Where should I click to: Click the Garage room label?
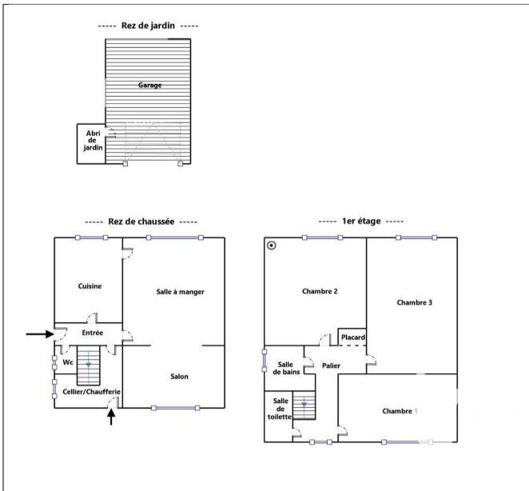click(149, 85)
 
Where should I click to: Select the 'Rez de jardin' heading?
click(148, 26)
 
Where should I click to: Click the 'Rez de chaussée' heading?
click(141, 222)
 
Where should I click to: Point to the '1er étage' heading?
click(360, 222)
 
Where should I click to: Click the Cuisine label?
click(89, 285)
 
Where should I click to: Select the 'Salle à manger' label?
click(180, 292)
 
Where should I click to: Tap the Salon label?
click(180, 376)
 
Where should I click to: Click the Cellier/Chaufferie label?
click(91, 392)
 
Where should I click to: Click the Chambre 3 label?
click(414, 302)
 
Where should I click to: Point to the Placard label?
click(352, 337)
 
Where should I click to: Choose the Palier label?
click(332, 365)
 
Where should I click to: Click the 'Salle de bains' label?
click(285, 368)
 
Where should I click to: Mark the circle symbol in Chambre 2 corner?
click(272, 245)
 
